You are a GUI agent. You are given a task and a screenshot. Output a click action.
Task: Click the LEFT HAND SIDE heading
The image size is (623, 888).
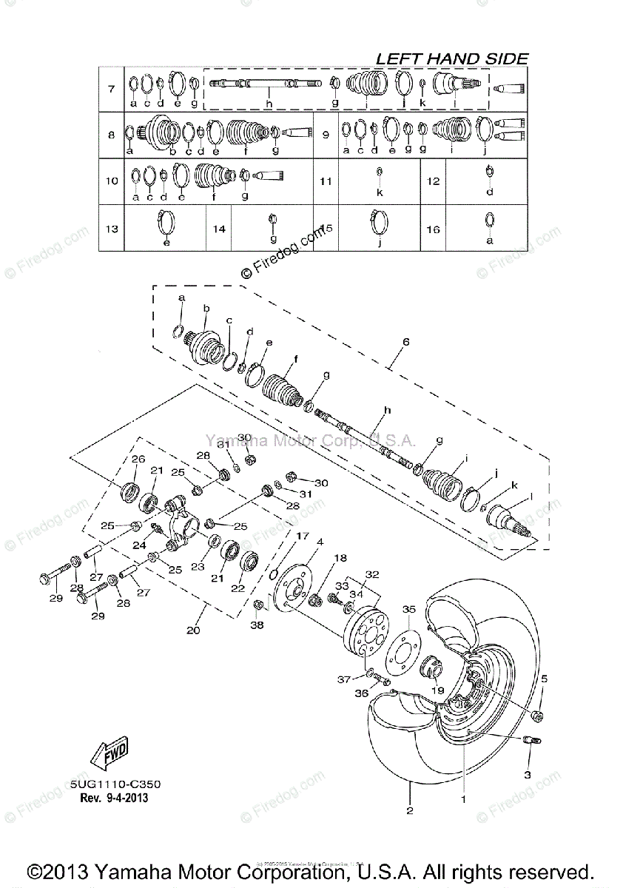pos(452,58)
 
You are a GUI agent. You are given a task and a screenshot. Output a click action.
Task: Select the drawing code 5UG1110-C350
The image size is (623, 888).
pos(116,784)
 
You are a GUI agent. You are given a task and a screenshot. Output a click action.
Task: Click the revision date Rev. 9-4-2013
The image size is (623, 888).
pos(113,798)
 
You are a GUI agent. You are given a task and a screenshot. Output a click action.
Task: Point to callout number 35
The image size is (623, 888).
pos(409,610)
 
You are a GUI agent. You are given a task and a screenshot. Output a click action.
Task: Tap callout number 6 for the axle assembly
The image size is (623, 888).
pos(405,342)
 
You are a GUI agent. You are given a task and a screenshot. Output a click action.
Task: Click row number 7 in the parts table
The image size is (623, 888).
pos(111,90)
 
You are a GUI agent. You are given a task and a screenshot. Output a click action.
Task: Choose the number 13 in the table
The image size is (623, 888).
pos(111,229)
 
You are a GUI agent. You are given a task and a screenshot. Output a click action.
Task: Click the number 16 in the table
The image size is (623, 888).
pos(433,229)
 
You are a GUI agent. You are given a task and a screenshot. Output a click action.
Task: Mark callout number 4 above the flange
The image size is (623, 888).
pos(320,542)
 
